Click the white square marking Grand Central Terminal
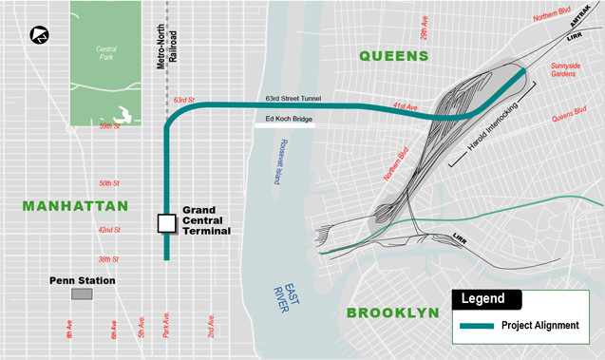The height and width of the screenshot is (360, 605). click(166, 223)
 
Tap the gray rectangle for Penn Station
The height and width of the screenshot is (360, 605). click(81, 294)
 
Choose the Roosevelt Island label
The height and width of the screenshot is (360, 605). click(276, 165)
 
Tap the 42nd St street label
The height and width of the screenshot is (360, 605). click(109, 231)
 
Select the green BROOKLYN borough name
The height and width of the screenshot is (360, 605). click(392, 313)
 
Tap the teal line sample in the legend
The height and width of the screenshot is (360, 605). click(480, 326)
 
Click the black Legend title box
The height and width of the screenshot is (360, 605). click(485, 299)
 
